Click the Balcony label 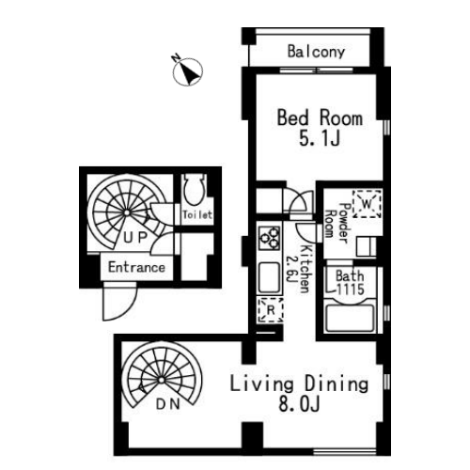click(x=316, y=52)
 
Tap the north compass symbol click(x=187, y=71)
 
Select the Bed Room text click(x=320, y=117)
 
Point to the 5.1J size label click(x=320, y=138)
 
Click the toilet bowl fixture click(x=195, y=190)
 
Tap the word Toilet click(x=197, y=214)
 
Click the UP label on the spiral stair click(x=135, y=238)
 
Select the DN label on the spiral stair click(x=168, y=404)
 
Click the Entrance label click(x=136, y=267)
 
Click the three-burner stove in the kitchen click(x=269, y=238)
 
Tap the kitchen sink click(x=269, y=277)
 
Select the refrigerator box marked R click(x=271, y=310)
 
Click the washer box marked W click(x=367, y=204)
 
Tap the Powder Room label click(x=337, y=223)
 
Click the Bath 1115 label click(x=350, y=283)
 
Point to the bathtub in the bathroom click(x=350, y=317)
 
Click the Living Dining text click(x=299, y=384)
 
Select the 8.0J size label click(x=299, y=404)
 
